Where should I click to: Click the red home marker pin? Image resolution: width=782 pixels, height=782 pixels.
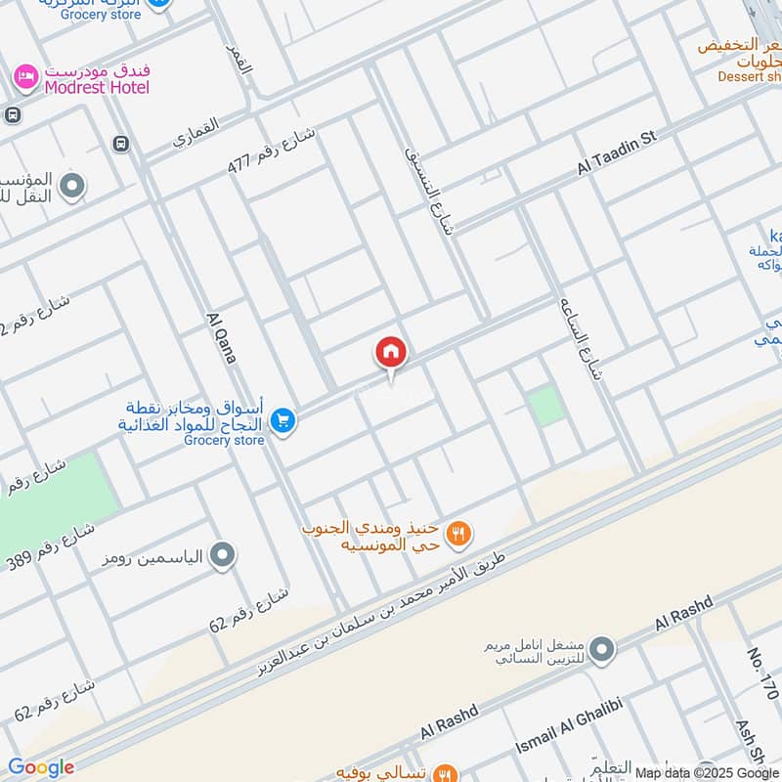tap(391, 353)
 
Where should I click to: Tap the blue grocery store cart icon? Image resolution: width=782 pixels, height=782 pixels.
tap(283, 420)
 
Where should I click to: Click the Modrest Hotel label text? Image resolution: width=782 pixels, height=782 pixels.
tap(97, 87)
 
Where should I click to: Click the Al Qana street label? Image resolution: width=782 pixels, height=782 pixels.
tap(222, 338)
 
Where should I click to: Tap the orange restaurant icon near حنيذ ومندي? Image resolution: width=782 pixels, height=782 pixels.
tap(458, 534)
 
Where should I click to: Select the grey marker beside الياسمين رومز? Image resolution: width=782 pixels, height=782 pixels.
tap(223, 556)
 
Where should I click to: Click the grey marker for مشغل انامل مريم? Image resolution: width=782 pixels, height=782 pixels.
tap(602, 649)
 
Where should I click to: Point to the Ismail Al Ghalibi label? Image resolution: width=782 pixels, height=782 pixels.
tap(569, 733)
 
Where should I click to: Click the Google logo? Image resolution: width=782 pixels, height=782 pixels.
tap(41, 767)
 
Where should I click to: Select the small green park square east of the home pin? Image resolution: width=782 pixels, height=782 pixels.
tap(548, 405)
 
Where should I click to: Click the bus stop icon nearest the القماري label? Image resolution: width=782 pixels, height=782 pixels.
tap(121, 143)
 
